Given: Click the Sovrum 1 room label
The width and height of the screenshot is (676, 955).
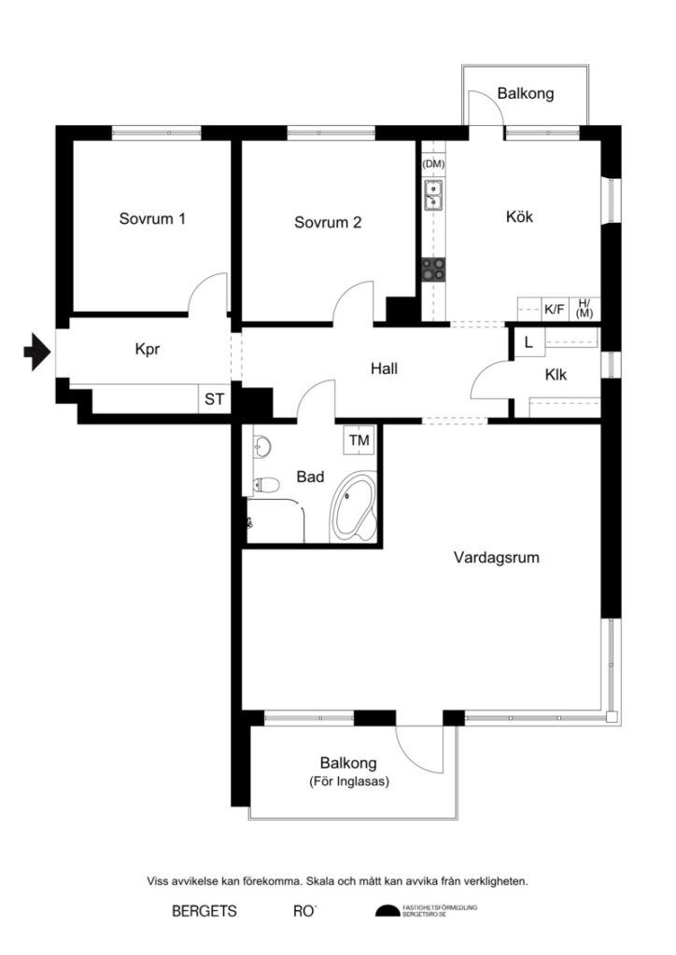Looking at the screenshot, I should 152,220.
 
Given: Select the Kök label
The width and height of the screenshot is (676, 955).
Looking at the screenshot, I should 519,216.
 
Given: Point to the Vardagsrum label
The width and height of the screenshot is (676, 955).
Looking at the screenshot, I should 497,559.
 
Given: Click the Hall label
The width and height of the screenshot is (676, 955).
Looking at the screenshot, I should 384,368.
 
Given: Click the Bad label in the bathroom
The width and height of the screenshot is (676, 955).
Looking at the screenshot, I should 310,477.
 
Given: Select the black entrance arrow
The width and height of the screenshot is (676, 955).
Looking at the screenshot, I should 36,352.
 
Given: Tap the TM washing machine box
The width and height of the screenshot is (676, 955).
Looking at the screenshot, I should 359,439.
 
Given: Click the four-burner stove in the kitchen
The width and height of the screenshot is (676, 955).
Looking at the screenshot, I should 433,270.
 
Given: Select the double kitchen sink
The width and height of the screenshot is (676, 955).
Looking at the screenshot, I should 433,195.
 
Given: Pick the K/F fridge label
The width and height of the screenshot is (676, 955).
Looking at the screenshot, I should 555,309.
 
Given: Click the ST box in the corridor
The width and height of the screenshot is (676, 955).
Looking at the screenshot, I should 214,400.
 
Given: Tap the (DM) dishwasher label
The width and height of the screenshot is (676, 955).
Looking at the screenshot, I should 433,165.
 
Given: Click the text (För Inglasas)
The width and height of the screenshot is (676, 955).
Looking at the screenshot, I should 348,783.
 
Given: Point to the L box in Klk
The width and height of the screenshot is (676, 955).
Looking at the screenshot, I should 528,342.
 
